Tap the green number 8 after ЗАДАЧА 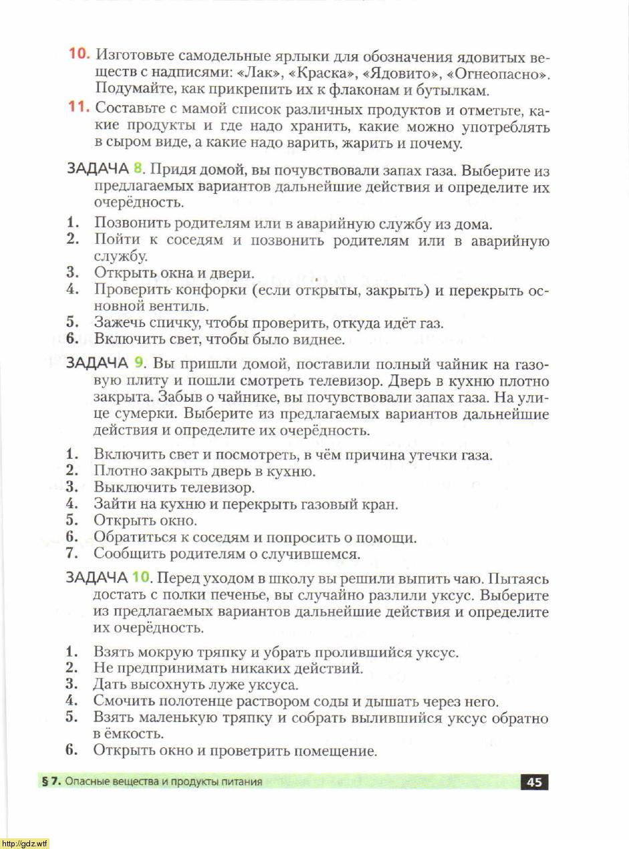pos(138,168)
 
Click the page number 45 pos(534,782)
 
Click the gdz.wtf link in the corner pos(25,843)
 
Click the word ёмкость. pos(134,735)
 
